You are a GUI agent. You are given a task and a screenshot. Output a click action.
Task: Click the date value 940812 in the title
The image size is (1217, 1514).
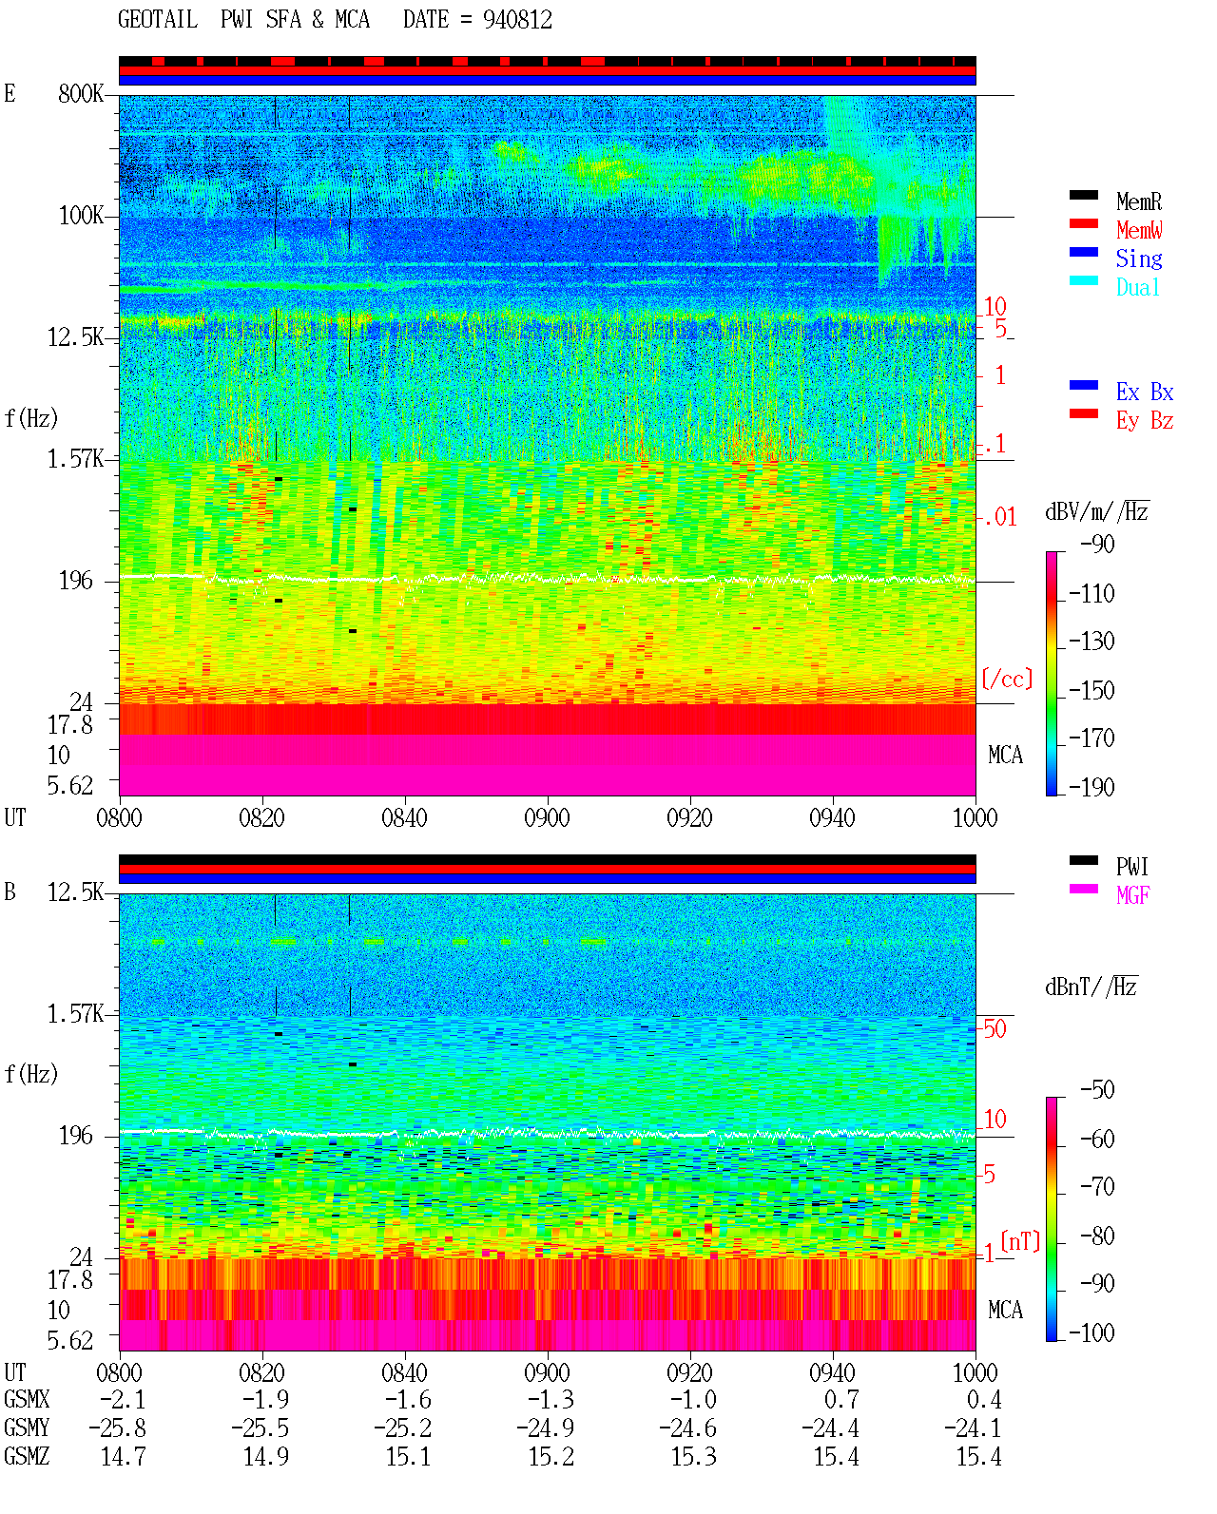pyautogui.click(x=517, y=20)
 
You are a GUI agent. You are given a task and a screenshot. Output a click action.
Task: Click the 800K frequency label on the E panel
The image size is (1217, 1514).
pyautogui.click(x=81, y=93)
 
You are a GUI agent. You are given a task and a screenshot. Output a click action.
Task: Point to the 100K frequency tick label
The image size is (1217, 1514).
pyautogui.click(x=81, y=216)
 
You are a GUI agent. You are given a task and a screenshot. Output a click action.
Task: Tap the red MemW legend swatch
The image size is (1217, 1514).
pyautogui.click(x=1083, y=223)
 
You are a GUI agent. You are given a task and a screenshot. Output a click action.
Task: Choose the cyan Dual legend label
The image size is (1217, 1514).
pyautogui.click(x=1138, y=287)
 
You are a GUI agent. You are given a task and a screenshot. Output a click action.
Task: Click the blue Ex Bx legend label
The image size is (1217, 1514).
pyautogui.click(x=1145, y=392)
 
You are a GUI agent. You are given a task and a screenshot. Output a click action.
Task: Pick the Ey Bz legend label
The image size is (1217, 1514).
pyautogui.click(x=1145, y=421)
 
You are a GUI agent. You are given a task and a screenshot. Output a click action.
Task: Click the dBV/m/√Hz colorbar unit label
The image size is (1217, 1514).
pyautogui.click(x=1097, y=511)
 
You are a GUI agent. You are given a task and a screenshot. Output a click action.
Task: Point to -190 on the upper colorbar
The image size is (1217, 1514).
pyautogui.click(x=1091, y=787)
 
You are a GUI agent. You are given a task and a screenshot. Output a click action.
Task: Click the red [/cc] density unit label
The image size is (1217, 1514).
pyautogui.click(x=1007, y=679)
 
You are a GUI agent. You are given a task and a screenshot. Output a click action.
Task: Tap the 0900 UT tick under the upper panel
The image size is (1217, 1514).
pyautogui.click(x=547, y=817)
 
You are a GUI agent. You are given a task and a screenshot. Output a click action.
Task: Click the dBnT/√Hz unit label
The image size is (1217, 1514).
pyautogui.click(x=1091, y=987)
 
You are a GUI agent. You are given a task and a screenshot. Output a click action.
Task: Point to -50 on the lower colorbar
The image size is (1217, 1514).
pyautogui.click(x=1097, y=1090)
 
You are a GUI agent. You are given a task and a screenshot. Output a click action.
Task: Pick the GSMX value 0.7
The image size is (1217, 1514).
pyautogui.click(x=841, y=1399)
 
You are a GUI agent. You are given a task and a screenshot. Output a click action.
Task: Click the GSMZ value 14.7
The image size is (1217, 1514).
pyautogui.click(x=124, y=1457)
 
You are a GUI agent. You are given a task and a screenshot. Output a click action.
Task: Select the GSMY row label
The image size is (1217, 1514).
pyautogui.click(x=27, y=1428)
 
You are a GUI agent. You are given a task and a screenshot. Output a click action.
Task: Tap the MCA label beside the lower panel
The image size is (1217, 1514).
pyautogui.click(x=1005, y=1310)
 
